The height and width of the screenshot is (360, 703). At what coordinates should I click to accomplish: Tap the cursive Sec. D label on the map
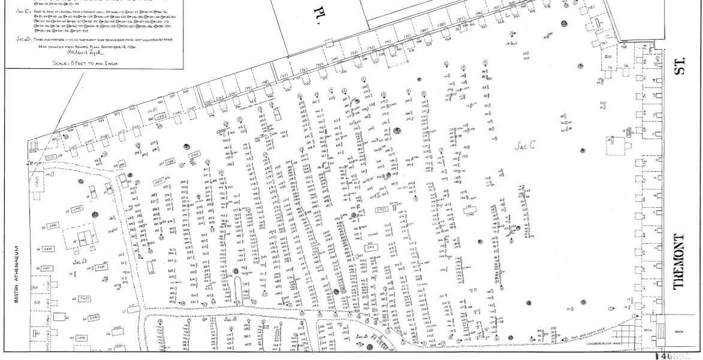click(x=80, y=262)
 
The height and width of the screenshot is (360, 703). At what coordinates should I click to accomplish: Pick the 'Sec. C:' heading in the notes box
click(x=25, y=11)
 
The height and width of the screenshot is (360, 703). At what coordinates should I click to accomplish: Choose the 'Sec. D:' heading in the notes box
click(x=24, y=38)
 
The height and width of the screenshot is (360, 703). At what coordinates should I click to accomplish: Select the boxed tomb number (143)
click(x=370, y=246)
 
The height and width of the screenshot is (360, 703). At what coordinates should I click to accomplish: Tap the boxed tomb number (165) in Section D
click(x=84, y=298)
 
